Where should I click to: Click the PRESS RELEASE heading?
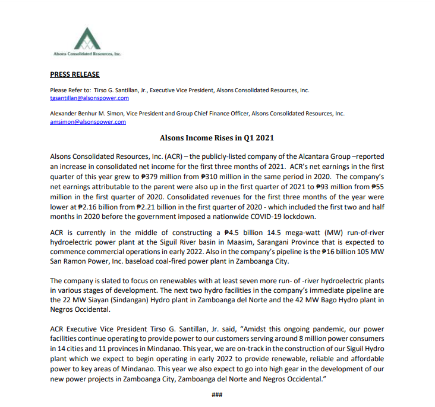[x=75, y=74]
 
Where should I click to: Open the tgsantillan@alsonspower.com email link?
[x=89, y=98]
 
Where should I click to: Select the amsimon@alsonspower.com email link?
[x=88, y=121]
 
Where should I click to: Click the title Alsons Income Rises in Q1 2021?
[x=217, y=138]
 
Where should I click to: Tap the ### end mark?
[x=217, y=395]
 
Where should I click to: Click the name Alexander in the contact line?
[x=65, y=113]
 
